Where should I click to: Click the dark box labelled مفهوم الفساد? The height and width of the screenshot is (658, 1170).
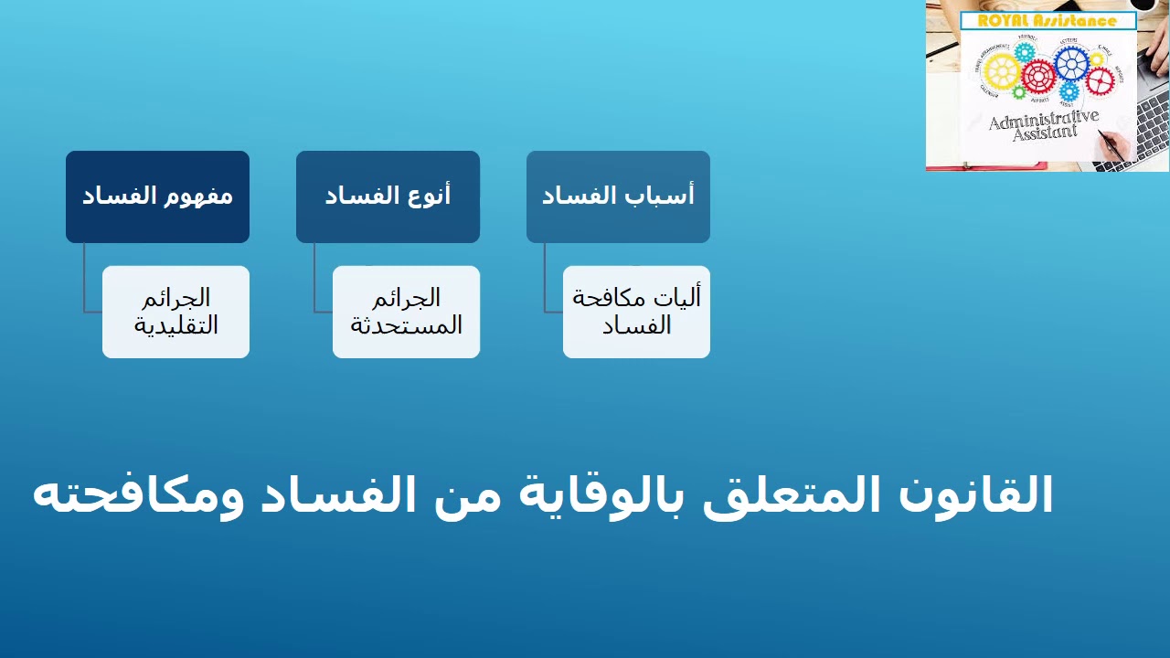pos(157,196)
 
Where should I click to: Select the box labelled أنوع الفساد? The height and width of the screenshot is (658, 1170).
pos(388,196)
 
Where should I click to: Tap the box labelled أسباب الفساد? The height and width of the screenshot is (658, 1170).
pos(618,196)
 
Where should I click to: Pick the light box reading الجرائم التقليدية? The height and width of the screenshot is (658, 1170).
pos(175,312)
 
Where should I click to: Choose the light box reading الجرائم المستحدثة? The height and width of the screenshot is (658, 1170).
pos(406,312)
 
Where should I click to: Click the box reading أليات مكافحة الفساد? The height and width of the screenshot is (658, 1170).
pos(636,312)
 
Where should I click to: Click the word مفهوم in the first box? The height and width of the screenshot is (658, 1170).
pos(197,196)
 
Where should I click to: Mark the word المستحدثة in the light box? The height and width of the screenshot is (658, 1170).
pos(406,325)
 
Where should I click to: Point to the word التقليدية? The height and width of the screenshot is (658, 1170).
pos(175,325)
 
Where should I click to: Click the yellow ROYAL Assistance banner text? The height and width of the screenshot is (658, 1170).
pos(1048,21)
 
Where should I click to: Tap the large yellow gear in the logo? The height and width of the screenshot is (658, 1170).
pos(1002,69)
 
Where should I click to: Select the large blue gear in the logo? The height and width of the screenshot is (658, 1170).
pos(1070,62)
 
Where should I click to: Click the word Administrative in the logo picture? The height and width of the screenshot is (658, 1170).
pos(1043,120)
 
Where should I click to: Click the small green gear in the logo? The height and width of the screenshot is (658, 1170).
pos(1019,92)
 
